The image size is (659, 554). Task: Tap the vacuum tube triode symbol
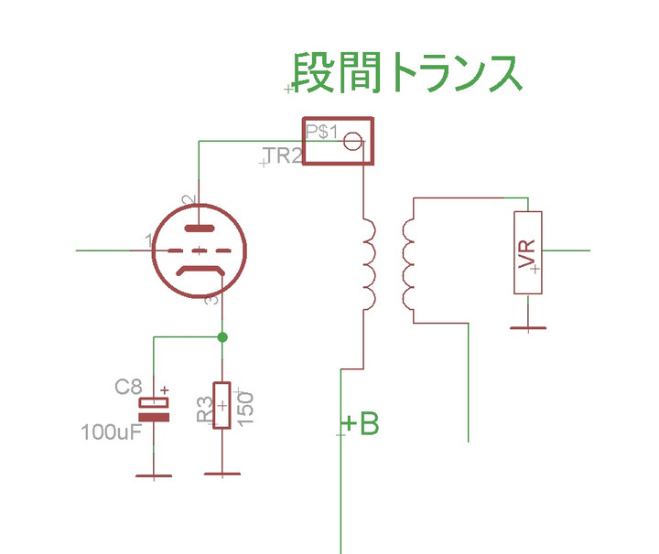[x=200, y=250]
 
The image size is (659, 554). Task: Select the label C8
[x=128, y=387]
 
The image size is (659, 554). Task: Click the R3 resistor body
[x=221, y=405]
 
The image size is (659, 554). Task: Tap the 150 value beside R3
[x=244, y=405]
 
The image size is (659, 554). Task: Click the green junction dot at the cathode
[x=221, y=337]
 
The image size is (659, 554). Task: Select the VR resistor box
[x=528, y=252]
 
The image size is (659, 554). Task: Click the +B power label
[x=361, y=424]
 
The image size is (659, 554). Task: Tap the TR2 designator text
[x=282, y=156]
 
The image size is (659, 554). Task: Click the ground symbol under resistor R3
[x=221, y=475]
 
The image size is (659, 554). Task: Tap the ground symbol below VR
[x=528, y=327]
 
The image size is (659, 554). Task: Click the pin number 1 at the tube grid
[x=148, y=240]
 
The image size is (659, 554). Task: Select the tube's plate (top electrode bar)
[x=200, y=229]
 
